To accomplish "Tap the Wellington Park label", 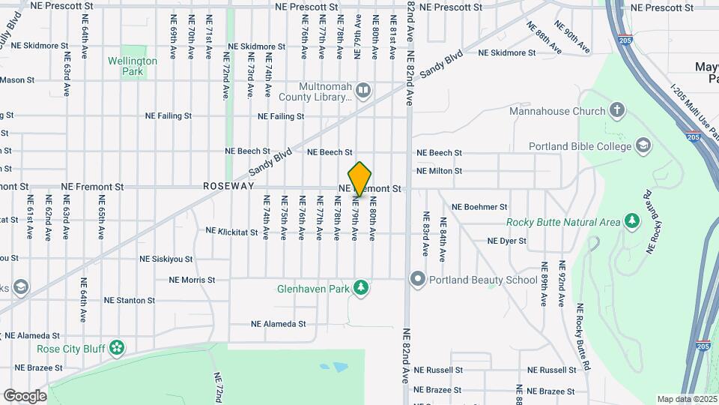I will click(133, 66).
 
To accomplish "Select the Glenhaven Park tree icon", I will click(362, 287).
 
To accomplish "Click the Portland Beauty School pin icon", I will click(417, 280).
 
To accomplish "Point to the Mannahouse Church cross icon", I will click(616, 111).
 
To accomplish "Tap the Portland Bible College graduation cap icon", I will click(643, 145).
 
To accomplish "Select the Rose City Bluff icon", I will click(116, 347).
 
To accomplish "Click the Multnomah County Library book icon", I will click(363, 91).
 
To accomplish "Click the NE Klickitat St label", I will click(231, 232).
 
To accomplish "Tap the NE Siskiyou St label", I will click(166, 259).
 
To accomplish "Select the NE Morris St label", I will click(192, 280).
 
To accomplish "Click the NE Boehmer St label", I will click(479, 206).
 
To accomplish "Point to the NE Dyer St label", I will click(507, 241).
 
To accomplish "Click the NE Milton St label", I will click(439, 171).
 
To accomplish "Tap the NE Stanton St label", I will click(130, 300).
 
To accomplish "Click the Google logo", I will click(25, 395).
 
